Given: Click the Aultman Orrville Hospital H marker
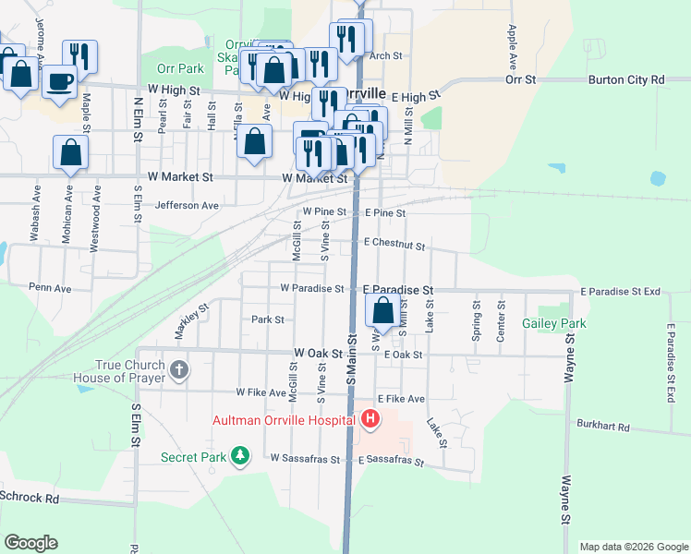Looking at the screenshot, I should (x=370, y=420).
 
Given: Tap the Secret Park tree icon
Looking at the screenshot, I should (x=240, y=456).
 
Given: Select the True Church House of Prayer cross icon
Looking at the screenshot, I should (x=179, y=370).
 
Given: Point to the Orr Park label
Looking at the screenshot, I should (x=179, y=68).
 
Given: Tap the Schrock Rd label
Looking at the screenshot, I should (x=30, y=498).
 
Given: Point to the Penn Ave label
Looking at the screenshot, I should (x=50, y=288).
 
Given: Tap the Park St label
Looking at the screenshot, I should (x=267, y=319).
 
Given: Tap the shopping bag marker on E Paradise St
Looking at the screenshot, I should (x=382, y=311).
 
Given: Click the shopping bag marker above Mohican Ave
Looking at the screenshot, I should (x=70, y=152).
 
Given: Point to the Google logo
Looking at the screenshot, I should (x=30, y=543).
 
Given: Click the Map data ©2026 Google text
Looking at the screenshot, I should (x=633, y=547).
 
